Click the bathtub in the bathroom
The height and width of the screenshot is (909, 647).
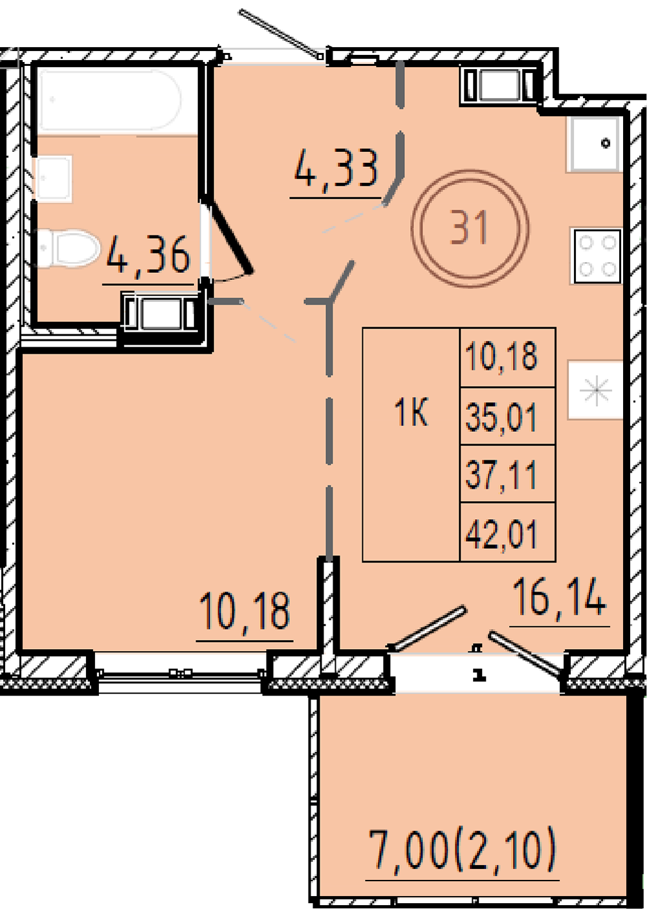(109, 101)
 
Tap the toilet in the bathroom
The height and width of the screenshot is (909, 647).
(68, 248)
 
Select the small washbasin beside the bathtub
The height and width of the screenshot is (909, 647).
(54, 178)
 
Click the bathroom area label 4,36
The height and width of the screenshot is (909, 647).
(148, 255)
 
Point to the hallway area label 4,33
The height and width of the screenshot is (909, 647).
(336, 167)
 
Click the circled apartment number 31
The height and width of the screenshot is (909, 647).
(470, 228)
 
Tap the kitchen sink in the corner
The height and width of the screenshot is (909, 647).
(595, 144)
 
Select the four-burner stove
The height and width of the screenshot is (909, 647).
(596, 255)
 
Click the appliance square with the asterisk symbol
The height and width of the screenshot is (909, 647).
(595, 390)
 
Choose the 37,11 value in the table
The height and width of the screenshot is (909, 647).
(501, 475)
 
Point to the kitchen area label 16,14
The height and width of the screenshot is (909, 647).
(560, 598)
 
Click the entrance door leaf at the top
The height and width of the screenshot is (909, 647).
(280, 33)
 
